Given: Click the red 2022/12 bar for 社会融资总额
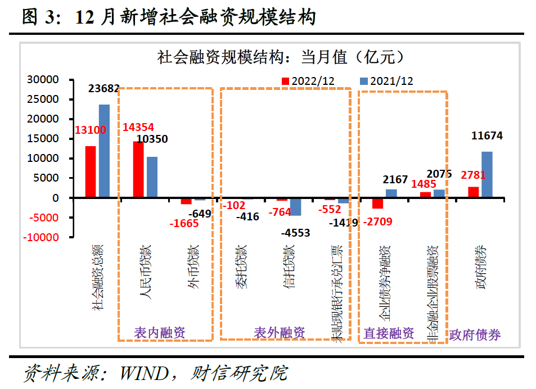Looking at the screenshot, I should (x=91, y=172).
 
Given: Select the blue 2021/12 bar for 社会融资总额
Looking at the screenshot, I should (x=104, y=151).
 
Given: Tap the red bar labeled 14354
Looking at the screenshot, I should (x=138, y=169).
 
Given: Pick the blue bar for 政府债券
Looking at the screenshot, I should (x=487, y=175).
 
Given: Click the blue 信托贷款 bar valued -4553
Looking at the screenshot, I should (x=296, y=207).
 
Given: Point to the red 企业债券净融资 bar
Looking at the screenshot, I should (x=377, y=203).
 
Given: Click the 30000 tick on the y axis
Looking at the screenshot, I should (x=43, y=80).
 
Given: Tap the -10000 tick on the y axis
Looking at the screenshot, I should (x=40, y=238).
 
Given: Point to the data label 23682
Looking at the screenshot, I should (x=104, y=88).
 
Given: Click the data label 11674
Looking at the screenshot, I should (x=487, y=135).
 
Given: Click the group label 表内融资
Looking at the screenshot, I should (x=159, y=332).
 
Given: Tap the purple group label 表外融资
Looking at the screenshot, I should (x=280, y=332).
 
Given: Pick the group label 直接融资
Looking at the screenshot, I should (x=389, y=333).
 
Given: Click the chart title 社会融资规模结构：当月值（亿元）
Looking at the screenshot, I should (x=280, y=57).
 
